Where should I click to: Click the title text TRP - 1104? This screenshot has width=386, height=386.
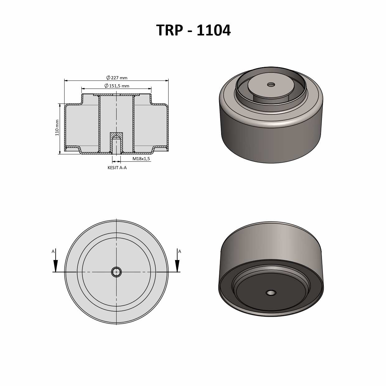pyautogui.click(x=193, y=30)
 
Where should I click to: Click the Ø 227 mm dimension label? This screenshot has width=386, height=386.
pyautogui.click(x=117, y=78)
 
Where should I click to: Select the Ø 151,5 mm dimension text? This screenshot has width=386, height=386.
pyautogui.click(x=117, y=86)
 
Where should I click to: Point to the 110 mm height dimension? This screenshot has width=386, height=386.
pyautogui.click(x=57, y=128)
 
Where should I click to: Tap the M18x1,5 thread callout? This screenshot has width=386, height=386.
pyautogui.click(x=141, y=159)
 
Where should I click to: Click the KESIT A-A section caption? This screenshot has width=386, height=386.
pyautogui.click(x=117, y=168)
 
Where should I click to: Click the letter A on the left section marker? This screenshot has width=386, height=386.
pyautogui.click(x=53, y=251)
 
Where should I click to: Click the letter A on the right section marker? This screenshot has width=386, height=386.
pyautogui.click(x=179, y=251)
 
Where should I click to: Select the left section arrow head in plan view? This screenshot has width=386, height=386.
pyautogui.click(x=56, y=266)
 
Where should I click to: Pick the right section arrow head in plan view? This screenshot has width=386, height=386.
pyautogui.click(x=177, y=266)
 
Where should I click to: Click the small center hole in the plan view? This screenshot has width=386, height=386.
pyautogui.click(x=116, y=272)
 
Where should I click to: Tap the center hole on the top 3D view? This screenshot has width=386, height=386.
pyautogui.click(x=271, y=85)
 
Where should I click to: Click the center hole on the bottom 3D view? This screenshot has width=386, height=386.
pyautogui.click(x=271, y=293)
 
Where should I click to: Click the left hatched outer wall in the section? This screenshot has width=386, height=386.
pyautogui.click(x=66, y=128)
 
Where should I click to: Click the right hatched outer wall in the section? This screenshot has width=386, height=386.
pyautogui.click(x=167, y=128)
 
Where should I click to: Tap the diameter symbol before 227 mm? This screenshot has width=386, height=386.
pyautogui.click(x=108, y=78)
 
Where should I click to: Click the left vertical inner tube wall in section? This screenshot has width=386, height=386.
pyautogui.click(x=99, y=124)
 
